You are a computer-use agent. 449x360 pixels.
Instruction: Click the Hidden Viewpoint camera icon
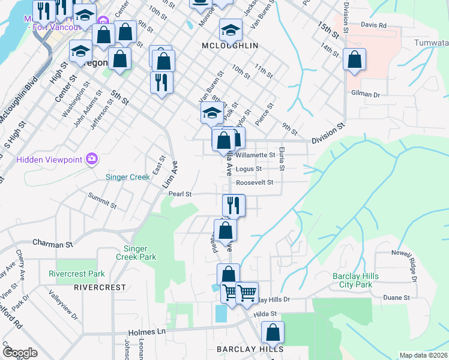[x=92, y=159]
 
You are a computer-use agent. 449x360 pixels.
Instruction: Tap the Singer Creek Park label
[x=139, y=253]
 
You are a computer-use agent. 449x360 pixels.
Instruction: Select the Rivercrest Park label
[x=76, y=274]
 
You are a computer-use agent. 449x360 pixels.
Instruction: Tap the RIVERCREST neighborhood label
[x=100, y=287]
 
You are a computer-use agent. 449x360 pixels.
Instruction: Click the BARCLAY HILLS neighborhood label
[x=250, y=349]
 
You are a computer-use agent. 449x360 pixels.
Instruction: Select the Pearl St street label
[x=179, y=194]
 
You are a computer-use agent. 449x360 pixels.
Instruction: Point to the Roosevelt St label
[x=255, y=182]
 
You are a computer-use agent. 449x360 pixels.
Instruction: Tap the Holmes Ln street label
[x=146, y=331]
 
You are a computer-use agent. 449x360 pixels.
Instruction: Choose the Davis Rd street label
[x=374, y=25]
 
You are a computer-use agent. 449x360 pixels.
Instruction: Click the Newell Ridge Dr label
[x=412, y=264]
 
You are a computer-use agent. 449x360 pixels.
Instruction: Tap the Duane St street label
[x=396, y=297]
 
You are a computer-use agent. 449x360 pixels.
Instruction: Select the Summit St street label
[x=101, y=200]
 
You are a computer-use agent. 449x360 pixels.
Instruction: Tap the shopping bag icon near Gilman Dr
[x=354, y=60]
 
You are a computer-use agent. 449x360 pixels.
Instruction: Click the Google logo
[x=20, y=353]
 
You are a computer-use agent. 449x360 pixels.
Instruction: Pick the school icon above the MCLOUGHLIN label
[x=231, y=29]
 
